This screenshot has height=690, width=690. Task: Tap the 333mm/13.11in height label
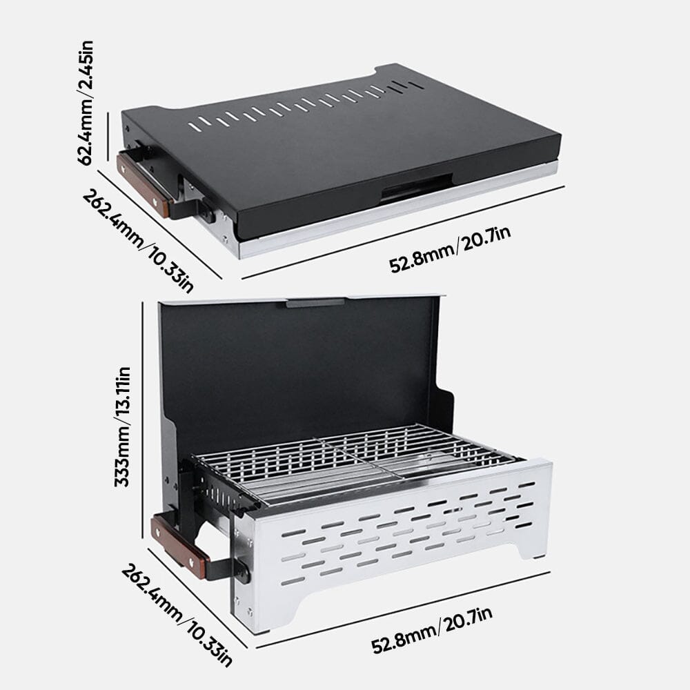click(x=123, y=427)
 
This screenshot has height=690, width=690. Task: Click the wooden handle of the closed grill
click(x=144, y=185)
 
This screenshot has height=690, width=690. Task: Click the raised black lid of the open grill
click(x=297, y=366)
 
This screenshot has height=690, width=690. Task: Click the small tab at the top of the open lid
click(x=315, y=302)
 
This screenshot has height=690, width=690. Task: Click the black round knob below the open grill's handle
click(x=242, y=571)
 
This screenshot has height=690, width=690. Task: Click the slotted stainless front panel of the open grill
click(x=393, y=538)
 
